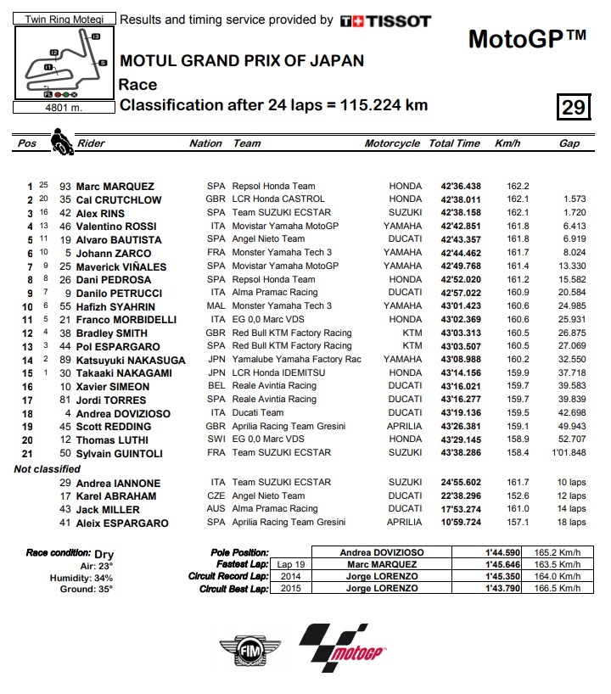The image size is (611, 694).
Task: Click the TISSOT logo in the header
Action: click(385, 20)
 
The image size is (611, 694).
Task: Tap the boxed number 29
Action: click(574, 108)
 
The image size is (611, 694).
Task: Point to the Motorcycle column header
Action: click(392, 143)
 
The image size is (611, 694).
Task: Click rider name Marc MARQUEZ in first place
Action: click(115, 187)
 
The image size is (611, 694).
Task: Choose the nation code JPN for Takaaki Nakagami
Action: click(216, 372)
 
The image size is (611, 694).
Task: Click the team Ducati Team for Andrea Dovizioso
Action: click(258, 412)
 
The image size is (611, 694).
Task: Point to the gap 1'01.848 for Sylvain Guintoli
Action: click(568, 452)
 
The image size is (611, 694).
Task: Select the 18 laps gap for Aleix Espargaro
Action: click(569, 523)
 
